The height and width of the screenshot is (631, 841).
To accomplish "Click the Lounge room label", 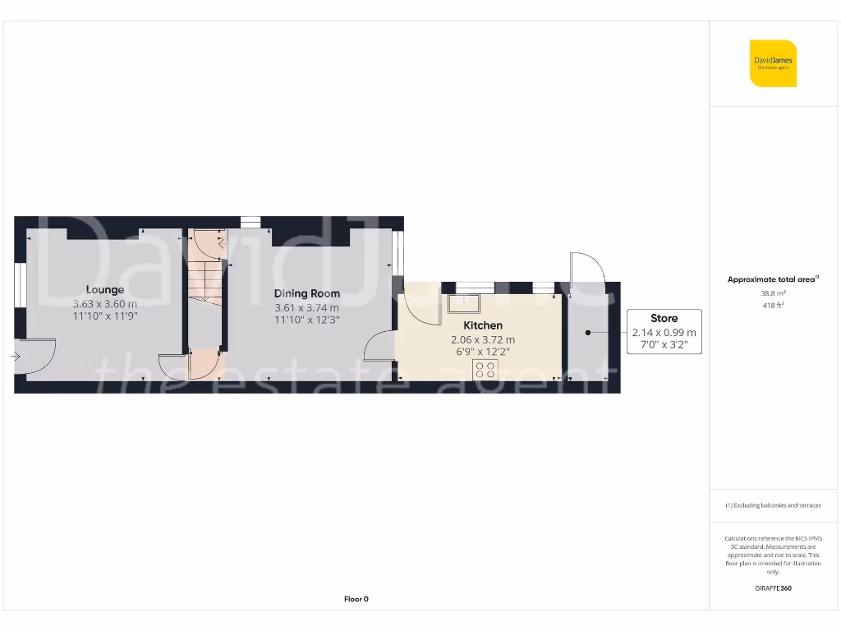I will [105, 289].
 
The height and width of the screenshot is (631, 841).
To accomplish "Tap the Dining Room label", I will [306, 293].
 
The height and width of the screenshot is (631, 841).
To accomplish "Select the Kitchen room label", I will [483, 325].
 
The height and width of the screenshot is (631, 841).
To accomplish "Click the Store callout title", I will [664, 318].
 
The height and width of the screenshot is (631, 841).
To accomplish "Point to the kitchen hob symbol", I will [484, 369].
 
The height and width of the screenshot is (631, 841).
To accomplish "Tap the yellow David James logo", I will [773, 63].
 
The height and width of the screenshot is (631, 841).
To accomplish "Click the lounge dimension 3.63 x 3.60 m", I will [105, 303].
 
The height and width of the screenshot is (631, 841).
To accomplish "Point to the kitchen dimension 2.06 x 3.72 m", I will [483, 339].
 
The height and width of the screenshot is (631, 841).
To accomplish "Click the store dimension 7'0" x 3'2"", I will [664, 346].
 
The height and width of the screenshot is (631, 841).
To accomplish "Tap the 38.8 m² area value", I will [773, 292].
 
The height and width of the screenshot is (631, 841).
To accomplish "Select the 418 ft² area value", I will [773, 306].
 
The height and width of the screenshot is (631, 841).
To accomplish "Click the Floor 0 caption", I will [356, 599].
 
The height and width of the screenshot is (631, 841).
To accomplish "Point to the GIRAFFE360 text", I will [773, 588].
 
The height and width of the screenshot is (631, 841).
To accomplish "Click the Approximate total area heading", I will [772, 279].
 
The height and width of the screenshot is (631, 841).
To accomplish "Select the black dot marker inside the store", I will [588, 332].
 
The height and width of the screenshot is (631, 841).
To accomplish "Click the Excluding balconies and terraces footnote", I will [773, 505].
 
